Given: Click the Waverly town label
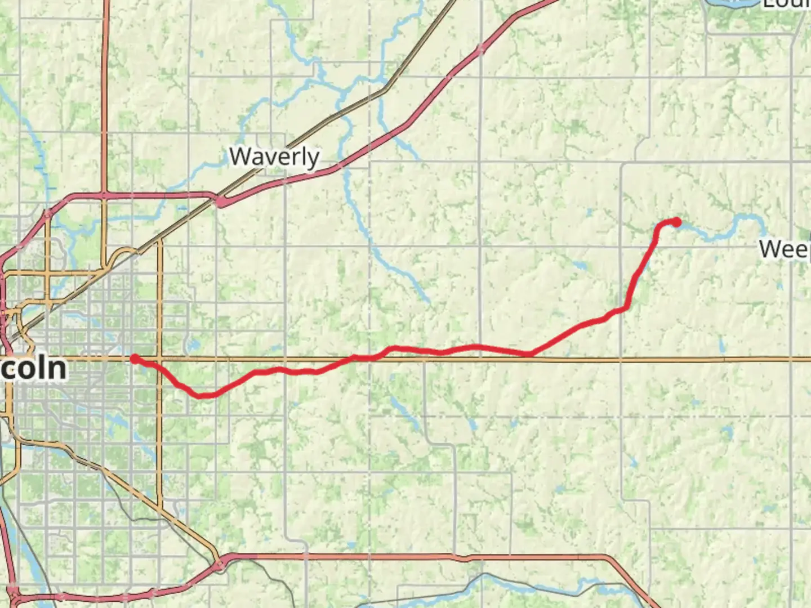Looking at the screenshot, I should pos(274,157).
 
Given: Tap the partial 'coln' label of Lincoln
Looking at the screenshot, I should pos(34,369).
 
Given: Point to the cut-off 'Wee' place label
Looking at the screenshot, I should pos(785,249).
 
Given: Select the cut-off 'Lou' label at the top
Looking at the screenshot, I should pos(786,5).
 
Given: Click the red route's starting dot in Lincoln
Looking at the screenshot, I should pos(135,359).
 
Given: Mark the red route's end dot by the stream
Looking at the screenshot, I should pos(676,222).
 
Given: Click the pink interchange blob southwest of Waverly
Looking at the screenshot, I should pos(222,201).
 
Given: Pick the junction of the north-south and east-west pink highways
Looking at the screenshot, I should pos(105,195).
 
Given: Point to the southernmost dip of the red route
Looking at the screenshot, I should pos(202,396).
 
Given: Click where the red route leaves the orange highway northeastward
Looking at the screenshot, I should pos(531,354).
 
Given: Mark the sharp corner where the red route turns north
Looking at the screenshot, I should pos(626,307).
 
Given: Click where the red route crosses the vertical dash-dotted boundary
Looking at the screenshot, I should pos(370,357).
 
